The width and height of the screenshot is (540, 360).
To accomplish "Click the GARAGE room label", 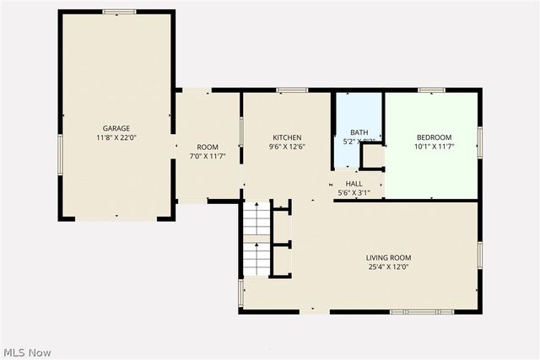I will point(116,128).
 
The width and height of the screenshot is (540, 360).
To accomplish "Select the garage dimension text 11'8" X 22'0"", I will point(116,137).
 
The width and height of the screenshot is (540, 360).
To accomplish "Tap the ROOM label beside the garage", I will point(208,147).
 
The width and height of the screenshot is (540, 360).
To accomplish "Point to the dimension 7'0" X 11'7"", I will point(208,156).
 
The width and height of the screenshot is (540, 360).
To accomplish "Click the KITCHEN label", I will point(287,137).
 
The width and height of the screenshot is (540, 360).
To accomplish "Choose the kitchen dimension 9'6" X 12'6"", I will point(287,147).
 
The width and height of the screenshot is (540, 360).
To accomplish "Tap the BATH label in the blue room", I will point(359,132).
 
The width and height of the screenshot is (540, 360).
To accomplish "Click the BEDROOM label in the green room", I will point(434,137).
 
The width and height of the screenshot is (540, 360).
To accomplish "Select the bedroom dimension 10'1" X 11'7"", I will point(434,147).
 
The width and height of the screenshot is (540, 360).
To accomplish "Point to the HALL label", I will point(354,183).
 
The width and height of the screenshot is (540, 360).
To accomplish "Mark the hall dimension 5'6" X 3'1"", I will point(354,192).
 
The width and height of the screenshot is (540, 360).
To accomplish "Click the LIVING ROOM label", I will point(388,257).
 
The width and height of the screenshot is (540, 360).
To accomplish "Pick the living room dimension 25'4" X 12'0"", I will point(388,266).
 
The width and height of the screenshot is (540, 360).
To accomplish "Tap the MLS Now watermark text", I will point(27,351).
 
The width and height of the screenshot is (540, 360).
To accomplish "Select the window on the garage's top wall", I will point(119,12).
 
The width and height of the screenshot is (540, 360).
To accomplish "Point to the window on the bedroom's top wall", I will point(431,89).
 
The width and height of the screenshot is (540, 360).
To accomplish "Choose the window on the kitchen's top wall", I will point(292,89).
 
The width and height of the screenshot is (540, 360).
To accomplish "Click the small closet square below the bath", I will point(372,158).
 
